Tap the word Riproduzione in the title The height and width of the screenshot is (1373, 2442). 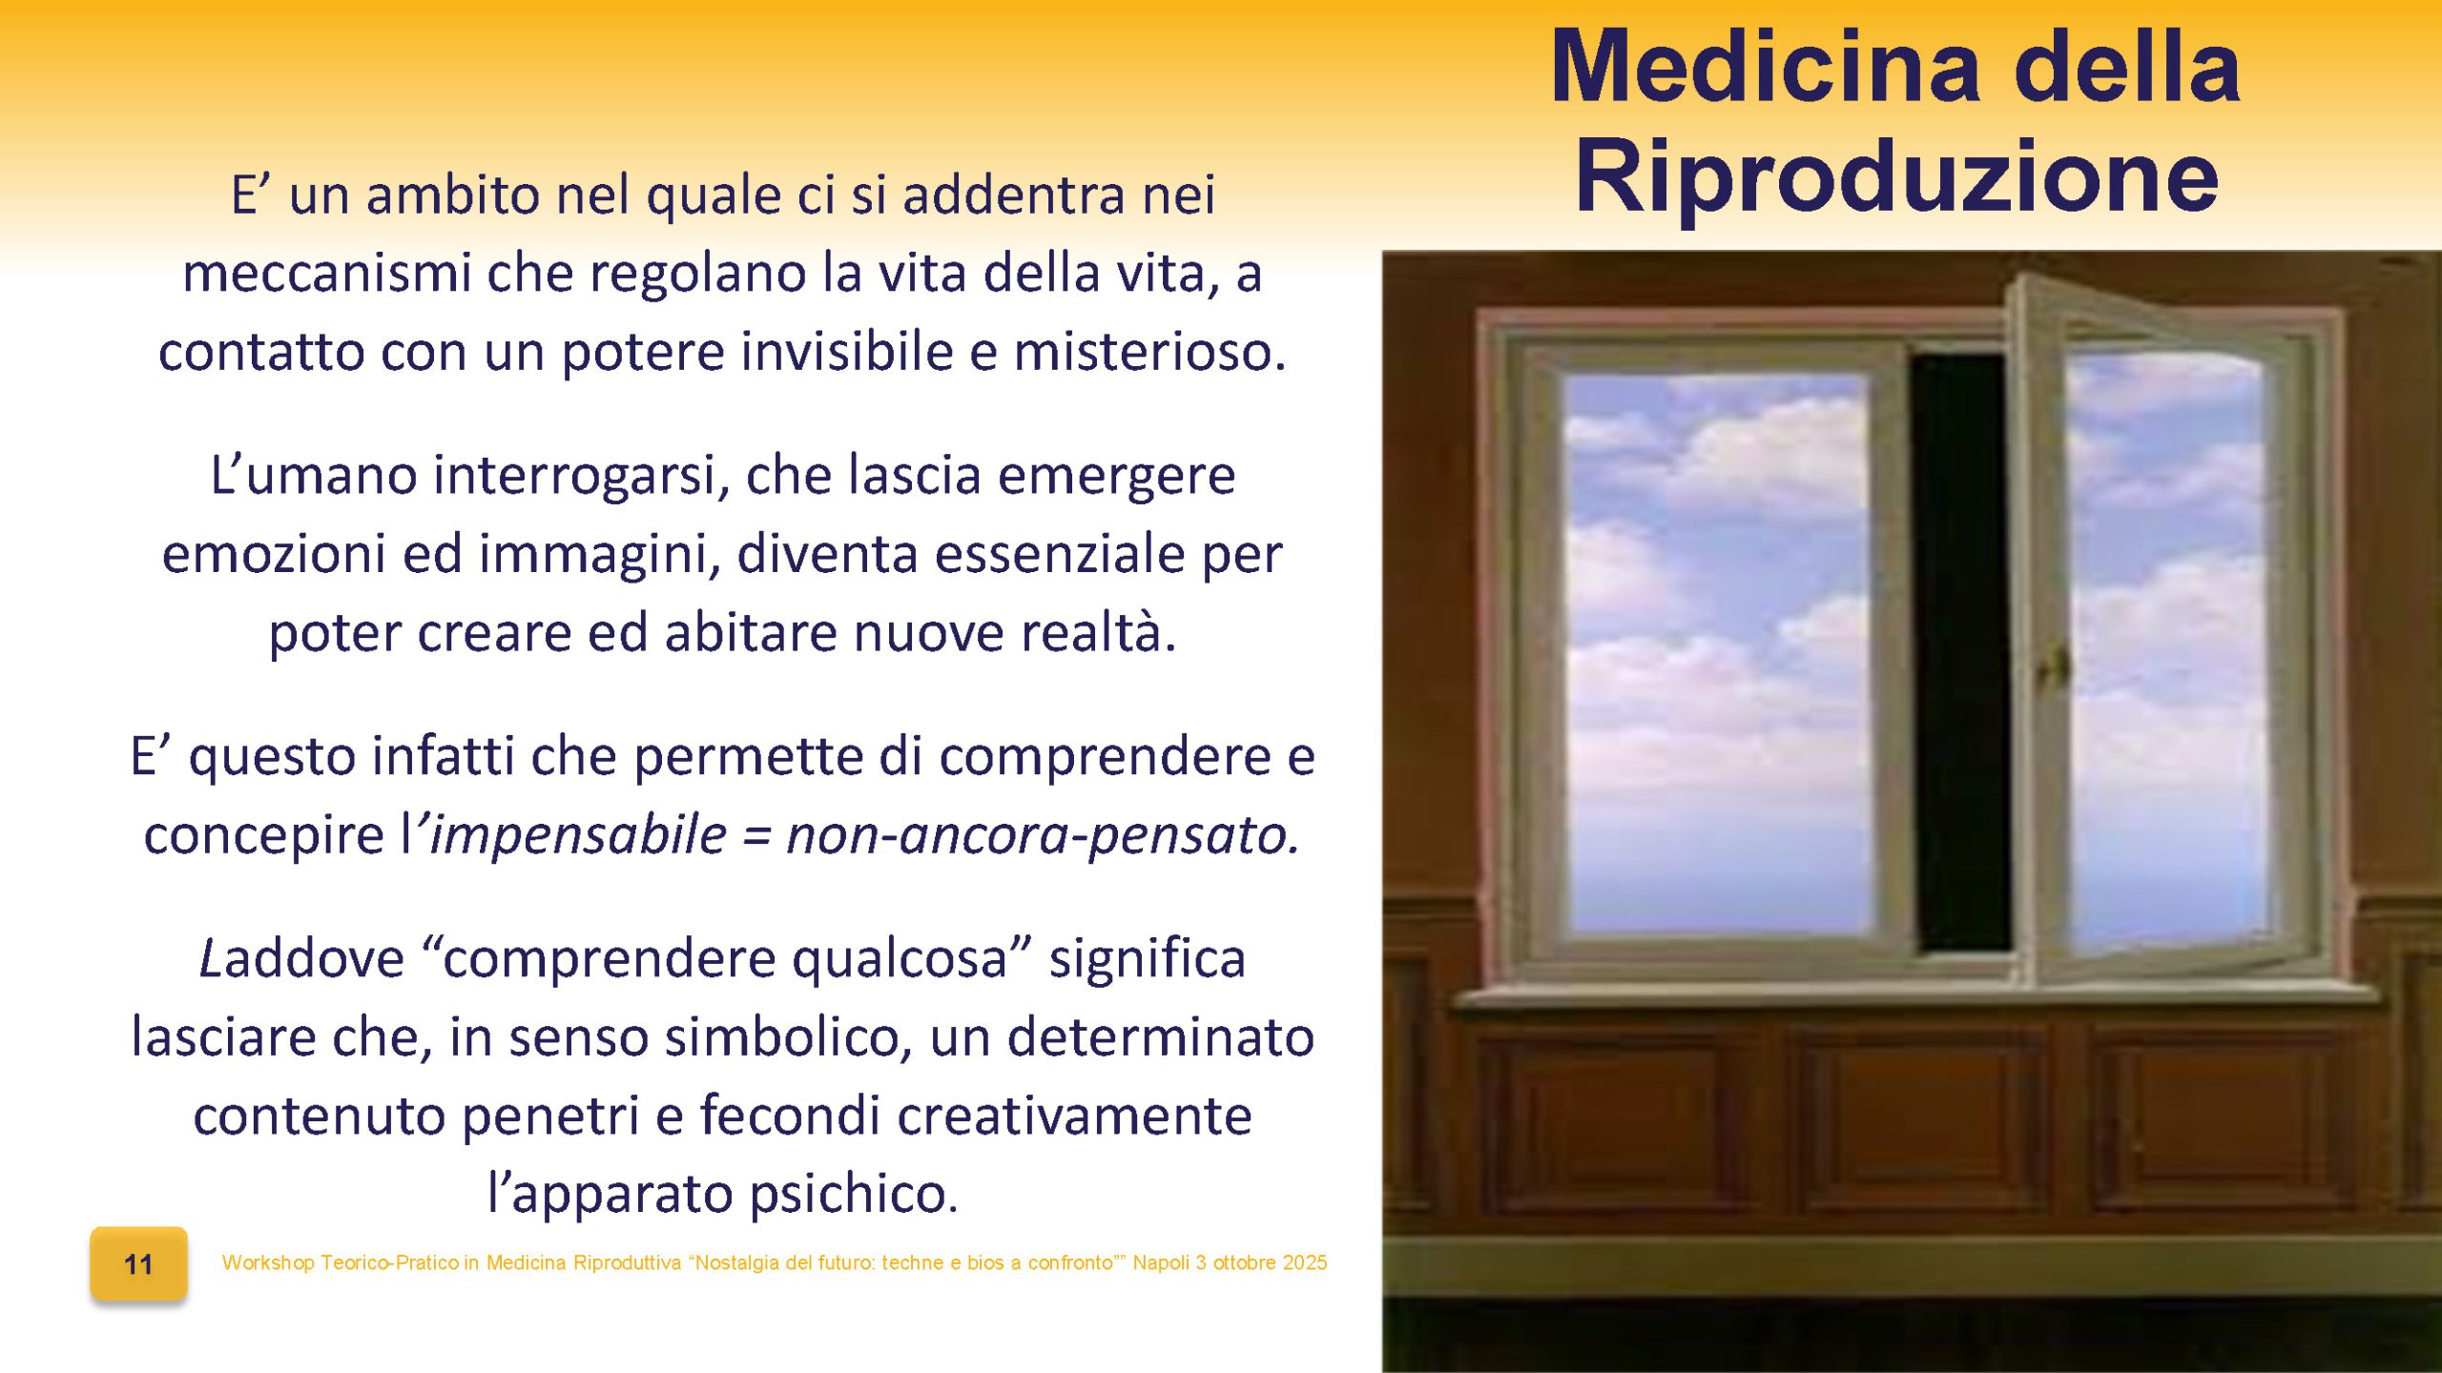click(x=1896, y=178)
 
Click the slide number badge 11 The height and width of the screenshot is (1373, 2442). click(x=138, y=1264)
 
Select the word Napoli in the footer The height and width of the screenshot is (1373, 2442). click(x=1161, y=1262)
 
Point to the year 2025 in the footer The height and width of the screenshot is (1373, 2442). click(x=1304, y=1262)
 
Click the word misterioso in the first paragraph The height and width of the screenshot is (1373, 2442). click(x=1149, y=351)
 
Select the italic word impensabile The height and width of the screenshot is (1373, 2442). click(x=579, y=834)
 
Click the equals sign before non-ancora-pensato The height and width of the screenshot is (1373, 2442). click(x=755, y=836)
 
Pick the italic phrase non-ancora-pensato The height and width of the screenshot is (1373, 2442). click(x=1042, y=834)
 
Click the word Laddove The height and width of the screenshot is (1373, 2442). click(x=301, y=958)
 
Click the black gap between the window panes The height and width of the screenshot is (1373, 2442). click(x=1960, y=648)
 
